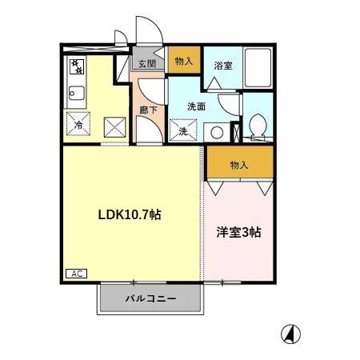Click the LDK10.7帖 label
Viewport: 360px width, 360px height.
click(130, 214)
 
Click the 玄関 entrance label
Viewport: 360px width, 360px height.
click(146, 64)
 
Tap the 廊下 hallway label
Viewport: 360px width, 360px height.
click(150, 110)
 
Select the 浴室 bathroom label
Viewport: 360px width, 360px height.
click(223, 66)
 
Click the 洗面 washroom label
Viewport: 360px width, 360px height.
click(197, 105)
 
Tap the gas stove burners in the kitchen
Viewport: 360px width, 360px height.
click(77, 64)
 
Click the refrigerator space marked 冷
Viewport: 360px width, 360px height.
click(79, 125)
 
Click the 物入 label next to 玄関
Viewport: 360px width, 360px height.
click(184, 61)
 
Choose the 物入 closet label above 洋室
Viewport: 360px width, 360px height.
click(239, 165)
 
